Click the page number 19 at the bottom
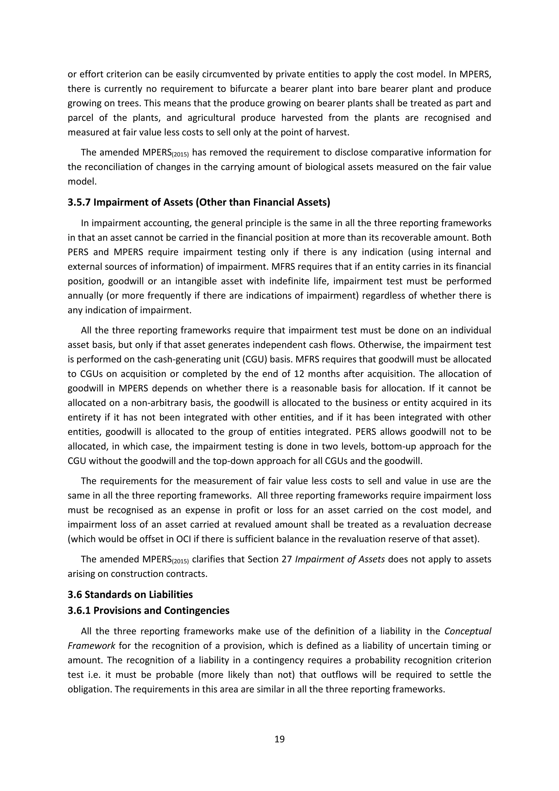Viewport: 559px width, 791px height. click(x=279, y=739)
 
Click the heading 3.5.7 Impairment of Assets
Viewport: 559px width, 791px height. click(x=199, y=202)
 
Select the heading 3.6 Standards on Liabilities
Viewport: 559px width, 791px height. click(x=130, y=594)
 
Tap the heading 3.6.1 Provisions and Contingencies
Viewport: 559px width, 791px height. click(x=148, y=610)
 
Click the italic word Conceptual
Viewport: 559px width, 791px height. click(x=468, y=631)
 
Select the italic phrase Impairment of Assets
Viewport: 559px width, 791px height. click(x=340, y=559)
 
